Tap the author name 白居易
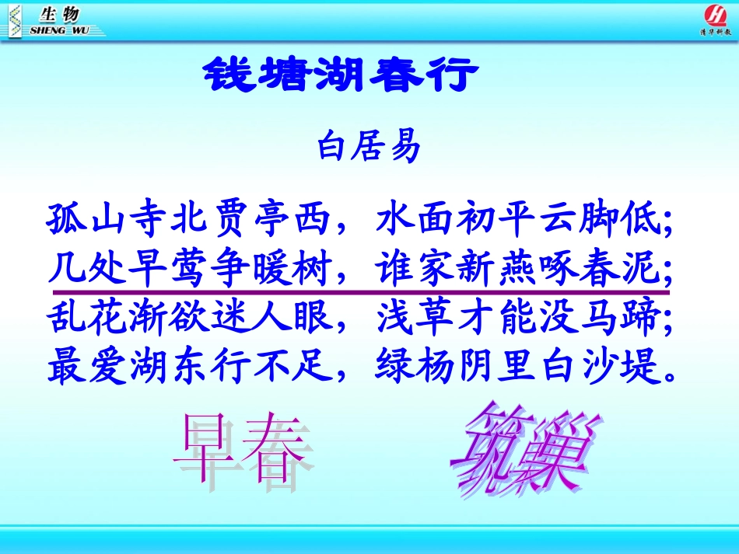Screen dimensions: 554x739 369,148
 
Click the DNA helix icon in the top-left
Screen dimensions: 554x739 14,19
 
